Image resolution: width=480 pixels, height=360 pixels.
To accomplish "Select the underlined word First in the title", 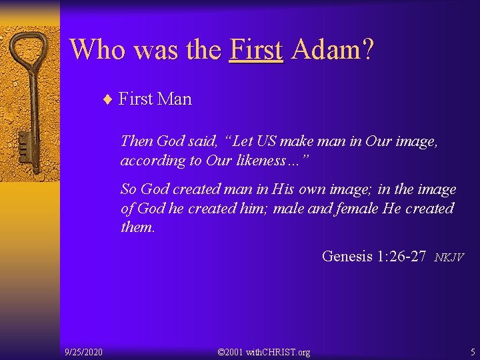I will click(x=256, y=49).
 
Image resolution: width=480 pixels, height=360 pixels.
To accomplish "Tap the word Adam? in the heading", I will click(x=333, y=49).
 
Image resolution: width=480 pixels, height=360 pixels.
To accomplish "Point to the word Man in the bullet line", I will click(x=175, y=99).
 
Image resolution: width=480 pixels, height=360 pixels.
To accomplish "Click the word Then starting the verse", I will click(x=137, y=141).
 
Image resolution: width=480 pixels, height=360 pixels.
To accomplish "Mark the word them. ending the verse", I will click(x=137, y=227).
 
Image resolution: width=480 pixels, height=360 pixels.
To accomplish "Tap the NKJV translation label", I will click(x=449, y=257).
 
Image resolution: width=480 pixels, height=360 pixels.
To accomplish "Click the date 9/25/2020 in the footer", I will click(x=83, y=351).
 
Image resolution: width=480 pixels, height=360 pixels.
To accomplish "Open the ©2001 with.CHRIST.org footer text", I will click(x=264, y=351).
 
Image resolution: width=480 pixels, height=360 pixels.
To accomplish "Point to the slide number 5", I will click(x=472, y=351).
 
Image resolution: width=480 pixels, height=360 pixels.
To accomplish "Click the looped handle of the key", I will click(x=31, y=53).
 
